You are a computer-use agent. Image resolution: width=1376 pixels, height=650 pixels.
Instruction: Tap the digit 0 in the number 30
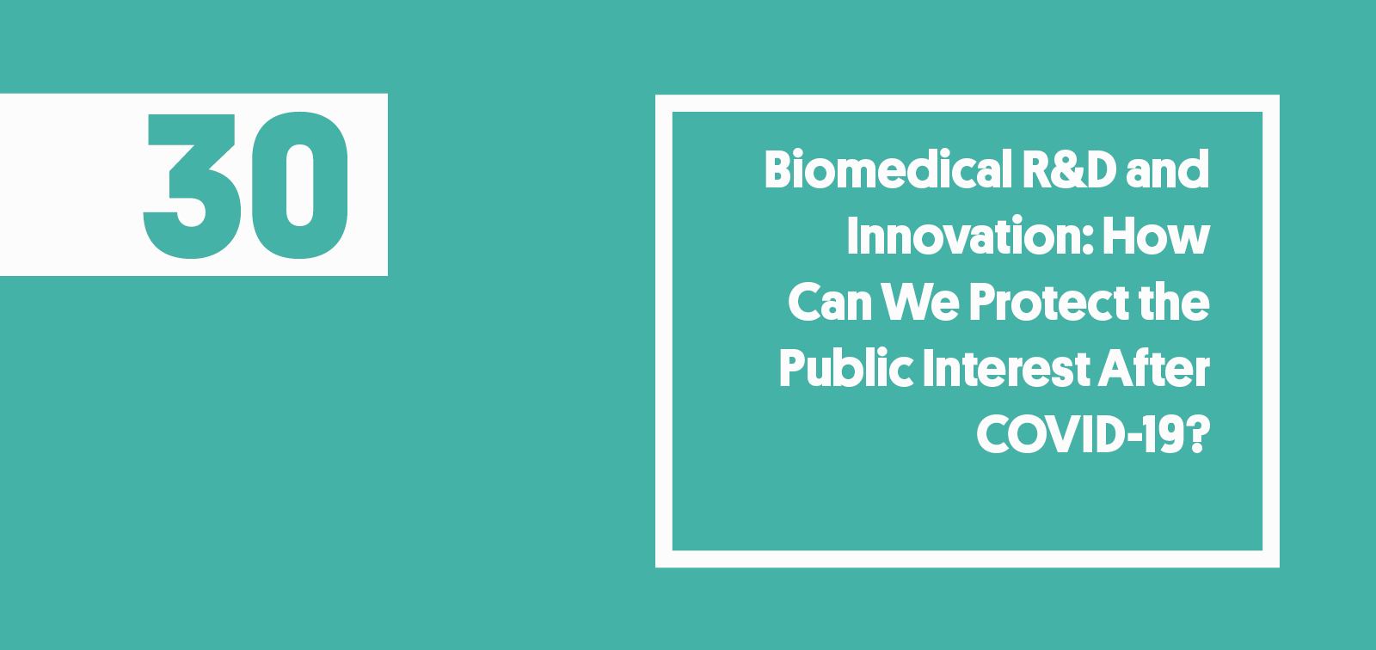tap(299, 185)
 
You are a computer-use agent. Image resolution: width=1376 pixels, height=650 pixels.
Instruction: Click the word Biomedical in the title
tap(888, 169)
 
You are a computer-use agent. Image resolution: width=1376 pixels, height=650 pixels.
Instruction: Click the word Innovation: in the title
tap(970, 236)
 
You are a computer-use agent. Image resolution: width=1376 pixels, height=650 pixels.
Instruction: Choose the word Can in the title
tap(830, 303)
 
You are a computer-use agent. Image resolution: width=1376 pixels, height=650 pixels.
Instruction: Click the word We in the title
tap(920, 303)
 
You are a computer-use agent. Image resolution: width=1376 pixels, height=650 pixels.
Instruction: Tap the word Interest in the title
tap(1006, 369)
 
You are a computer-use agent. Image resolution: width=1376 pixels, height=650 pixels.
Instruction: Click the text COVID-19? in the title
tap(1092, 435)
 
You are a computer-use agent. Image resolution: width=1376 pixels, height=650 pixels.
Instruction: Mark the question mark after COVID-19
tap(1198, 435)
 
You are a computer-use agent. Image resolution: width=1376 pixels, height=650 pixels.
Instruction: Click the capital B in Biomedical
tap(778, 169)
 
